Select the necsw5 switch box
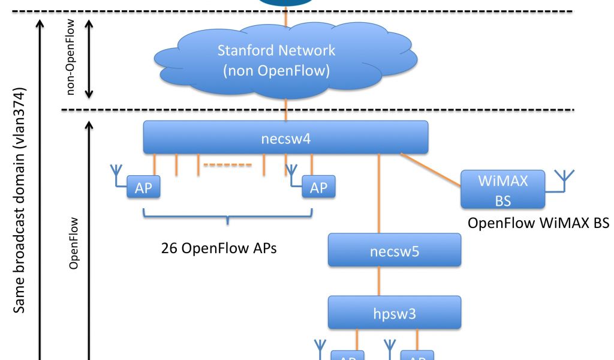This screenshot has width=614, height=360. (395, 250)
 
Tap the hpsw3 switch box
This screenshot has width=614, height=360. (395, 312)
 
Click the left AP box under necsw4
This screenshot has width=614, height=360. (143, 188)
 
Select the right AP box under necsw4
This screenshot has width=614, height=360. (318, 188)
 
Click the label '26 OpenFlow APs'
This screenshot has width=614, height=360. (219, 247)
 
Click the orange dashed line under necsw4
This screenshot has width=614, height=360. (227, 164)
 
